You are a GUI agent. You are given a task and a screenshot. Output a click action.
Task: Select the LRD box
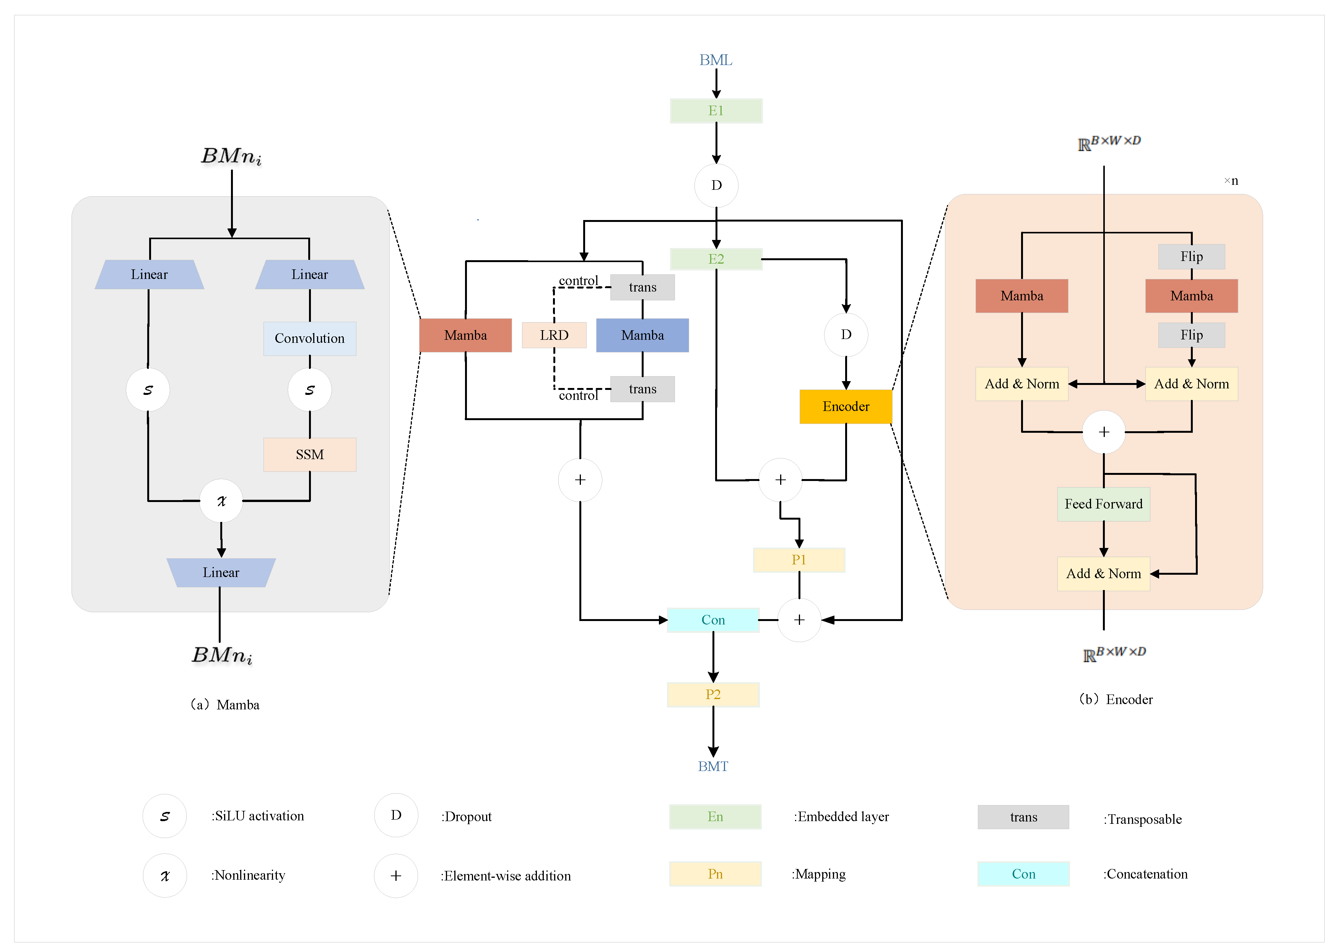(x=554, y=335)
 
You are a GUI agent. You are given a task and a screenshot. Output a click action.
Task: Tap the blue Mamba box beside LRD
(x=642, y=335)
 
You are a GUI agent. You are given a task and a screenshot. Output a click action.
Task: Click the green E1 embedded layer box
(x=716, y=111)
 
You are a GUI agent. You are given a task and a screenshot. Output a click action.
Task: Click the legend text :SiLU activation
(x=258, y=816)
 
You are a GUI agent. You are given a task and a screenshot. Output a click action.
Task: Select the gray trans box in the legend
(x=1023, y=817)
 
